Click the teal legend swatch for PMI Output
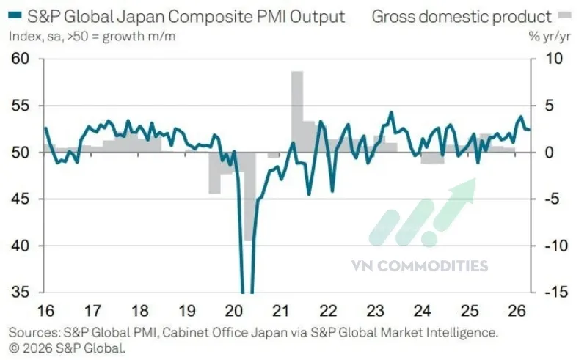(x=14, y=16)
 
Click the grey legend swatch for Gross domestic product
(x=564, y=15)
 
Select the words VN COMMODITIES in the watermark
(x=429, y=265)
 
